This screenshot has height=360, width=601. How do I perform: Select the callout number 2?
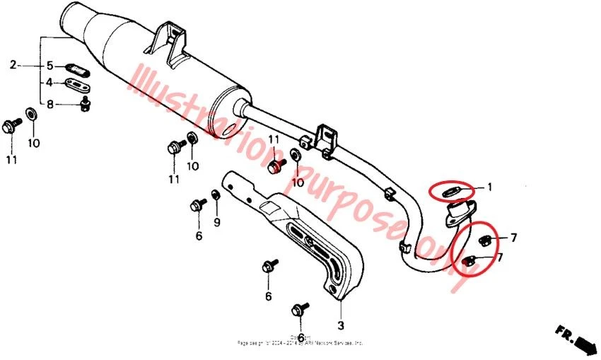13,66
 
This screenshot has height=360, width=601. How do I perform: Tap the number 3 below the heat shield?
340,325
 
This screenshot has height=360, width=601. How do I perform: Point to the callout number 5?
50,66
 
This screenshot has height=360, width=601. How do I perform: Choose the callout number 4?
50,83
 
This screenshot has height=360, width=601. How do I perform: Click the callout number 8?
50,105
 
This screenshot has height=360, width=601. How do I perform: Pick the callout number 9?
217,223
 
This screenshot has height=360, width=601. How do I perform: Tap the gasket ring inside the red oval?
450,190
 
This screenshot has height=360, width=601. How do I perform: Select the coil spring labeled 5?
76,69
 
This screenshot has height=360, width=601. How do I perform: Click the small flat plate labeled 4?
75,86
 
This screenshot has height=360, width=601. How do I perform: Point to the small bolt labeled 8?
86,105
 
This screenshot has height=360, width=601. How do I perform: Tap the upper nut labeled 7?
485,239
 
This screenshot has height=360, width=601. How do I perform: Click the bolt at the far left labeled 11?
11,127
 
